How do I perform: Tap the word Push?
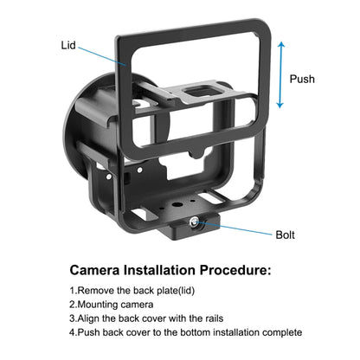tap(303, 80)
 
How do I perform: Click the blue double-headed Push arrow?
tap(279, 79)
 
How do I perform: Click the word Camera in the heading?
tap(99, 271)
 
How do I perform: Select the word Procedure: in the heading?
tap(250, 271)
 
